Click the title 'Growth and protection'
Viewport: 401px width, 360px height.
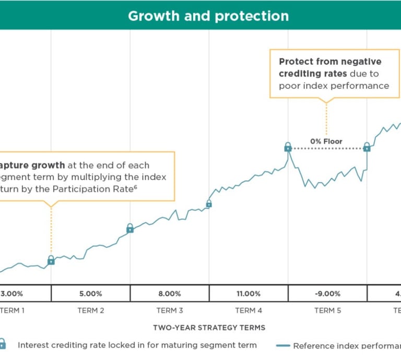208,16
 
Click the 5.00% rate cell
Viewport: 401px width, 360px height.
91,294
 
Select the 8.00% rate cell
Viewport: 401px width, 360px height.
170,294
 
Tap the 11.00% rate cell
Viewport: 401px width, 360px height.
249,294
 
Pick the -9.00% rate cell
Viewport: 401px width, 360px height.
327,294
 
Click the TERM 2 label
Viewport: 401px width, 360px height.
91,310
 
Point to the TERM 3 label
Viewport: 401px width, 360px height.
170,310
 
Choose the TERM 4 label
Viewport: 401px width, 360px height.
249,310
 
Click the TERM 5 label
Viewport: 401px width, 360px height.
327,310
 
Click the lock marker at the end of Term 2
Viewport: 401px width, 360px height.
130,228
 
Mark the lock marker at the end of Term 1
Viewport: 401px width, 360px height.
51,260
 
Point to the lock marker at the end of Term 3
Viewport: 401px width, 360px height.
209,203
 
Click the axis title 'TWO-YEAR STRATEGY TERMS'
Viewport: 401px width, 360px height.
209,328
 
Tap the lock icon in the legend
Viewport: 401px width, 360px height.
3,344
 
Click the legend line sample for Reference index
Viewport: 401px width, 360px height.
282,345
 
